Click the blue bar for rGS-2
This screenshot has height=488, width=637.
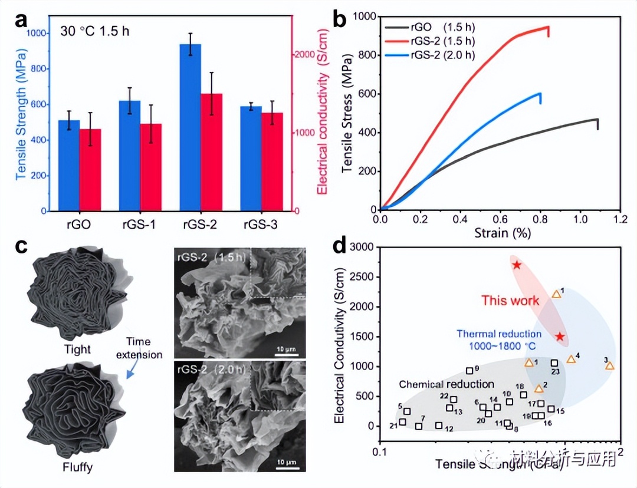[191, 127]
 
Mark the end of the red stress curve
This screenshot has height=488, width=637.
[549, 27]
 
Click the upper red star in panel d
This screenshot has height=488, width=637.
[517, 265]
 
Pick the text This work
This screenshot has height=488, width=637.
[510, 301]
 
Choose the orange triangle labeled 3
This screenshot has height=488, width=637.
[610, 366]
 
